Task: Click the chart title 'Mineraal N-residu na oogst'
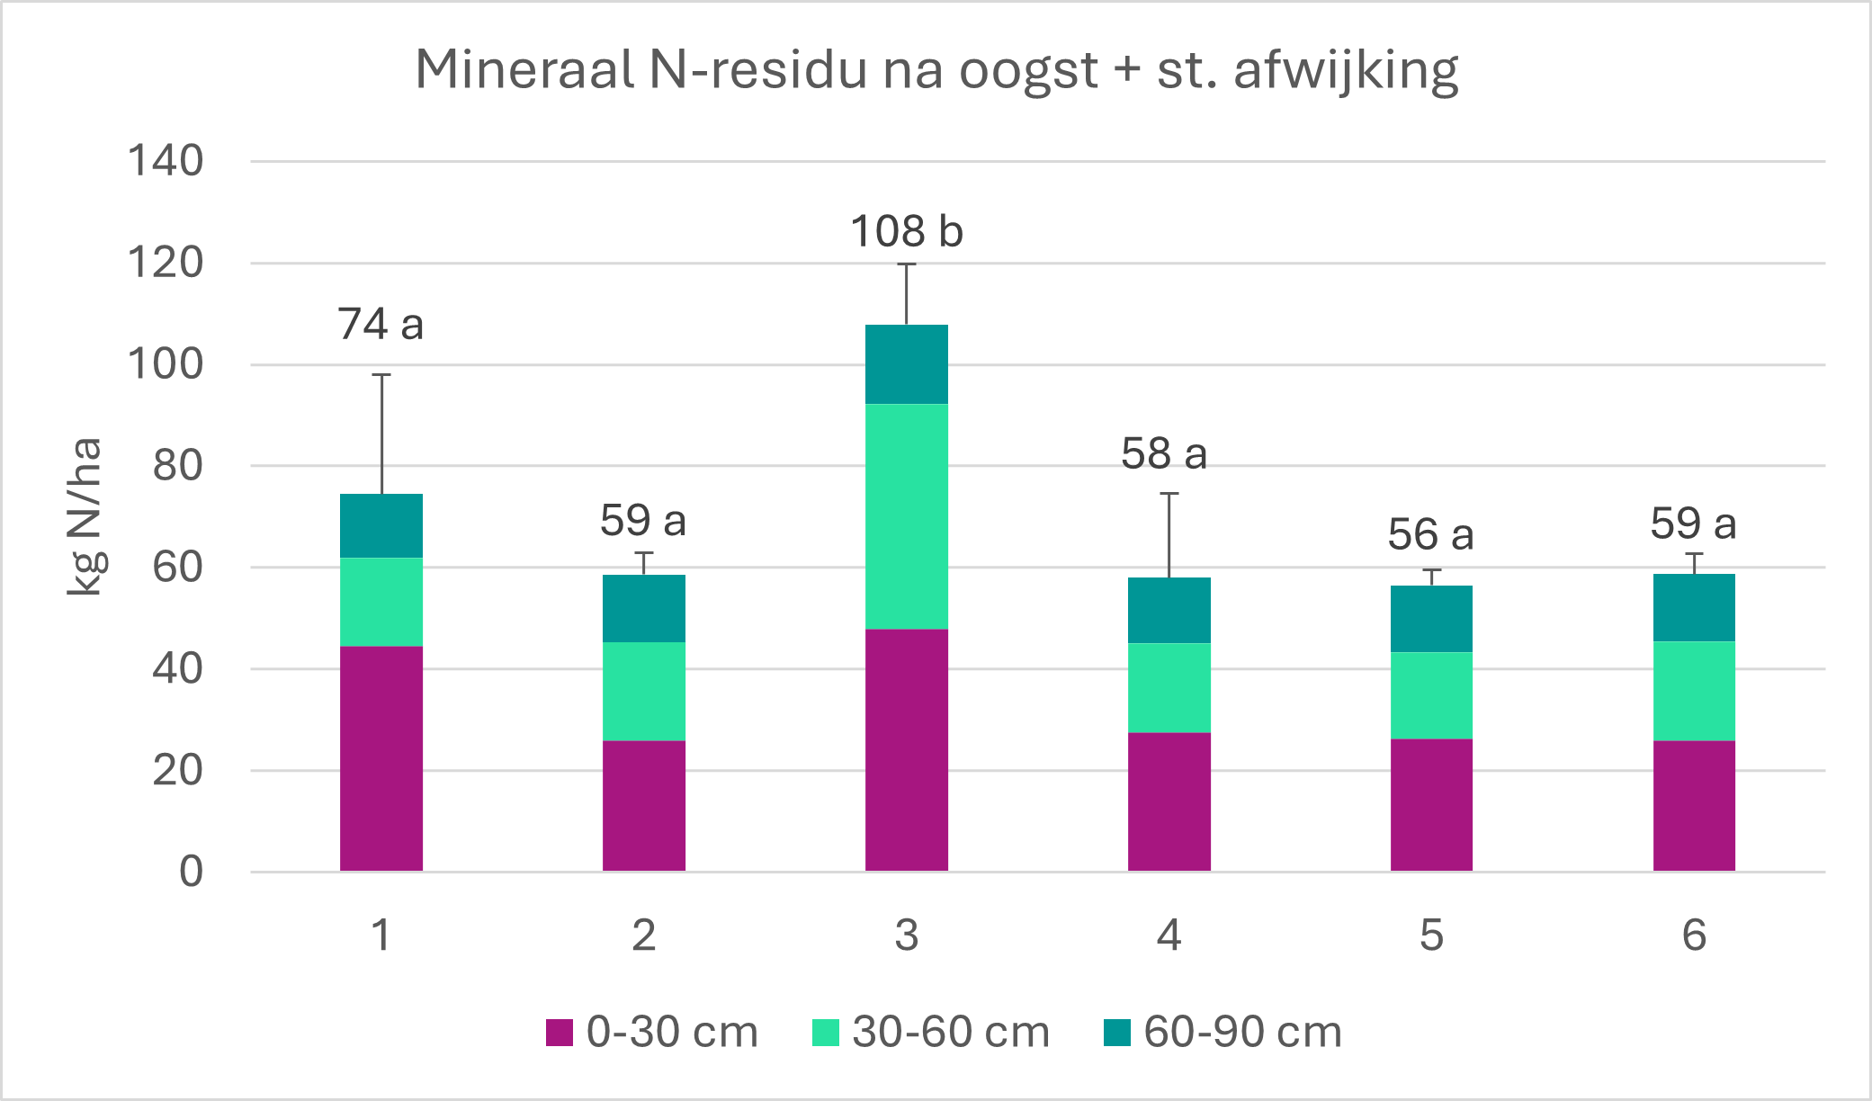point(936,70)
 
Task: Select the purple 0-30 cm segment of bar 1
point(381,758)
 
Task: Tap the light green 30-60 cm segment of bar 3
point(906,516)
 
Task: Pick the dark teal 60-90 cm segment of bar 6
point(1694,608)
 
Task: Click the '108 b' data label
point(907,232)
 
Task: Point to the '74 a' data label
point(381,325)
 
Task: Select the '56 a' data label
point(1430,535)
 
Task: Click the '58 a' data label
point(1163,454)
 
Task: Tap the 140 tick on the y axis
point(166,162)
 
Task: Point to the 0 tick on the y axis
point(191,872)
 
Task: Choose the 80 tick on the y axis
point(178,466)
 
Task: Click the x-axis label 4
point(1169,935)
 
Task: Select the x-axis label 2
point(643,935)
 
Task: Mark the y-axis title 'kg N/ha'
point(85,517)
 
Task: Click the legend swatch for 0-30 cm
point(560,1033)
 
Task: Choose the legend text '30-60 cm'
point(951,1033)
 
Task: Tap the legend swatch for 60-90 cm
point(1117,1033)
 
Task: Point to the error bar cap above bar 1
point(381,374)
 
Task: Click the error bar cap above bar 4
point(1169,493)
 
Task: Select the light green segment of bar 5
point(1431,695)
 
